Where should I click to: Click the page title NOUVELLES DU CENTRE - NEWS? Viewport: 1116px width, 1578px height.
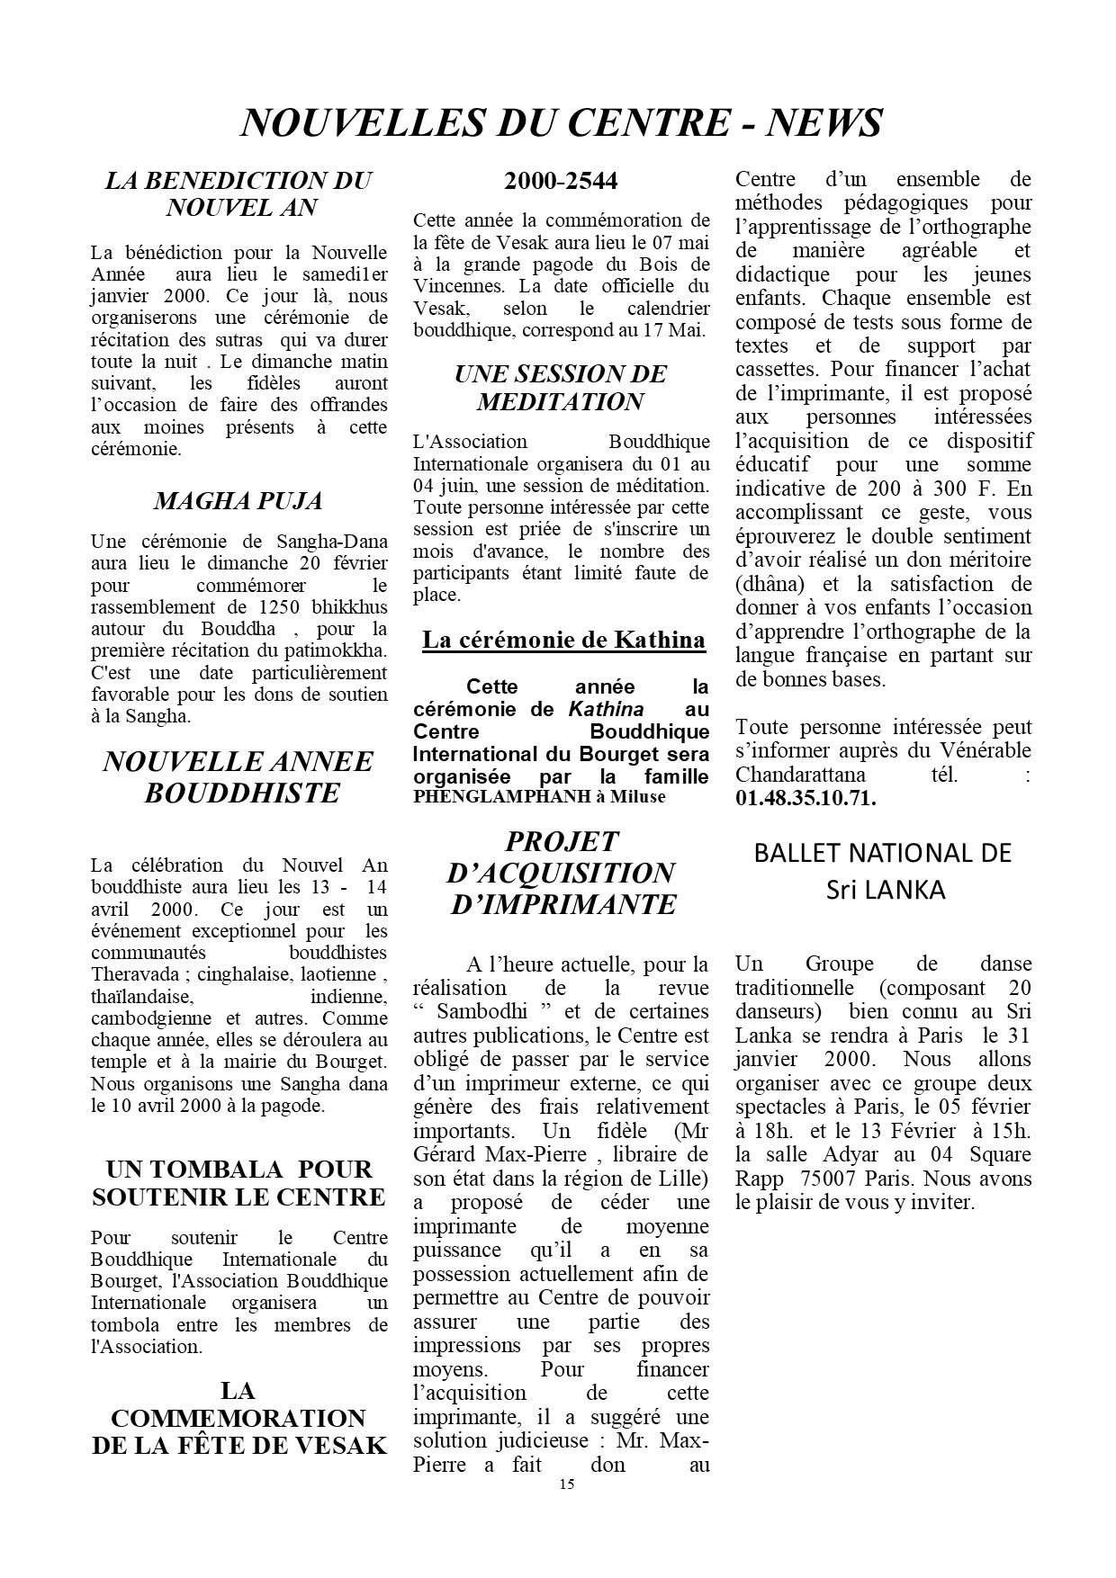click(562, 122)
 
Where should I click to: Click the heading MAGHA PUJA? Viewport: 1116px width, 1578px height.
click(238, 501)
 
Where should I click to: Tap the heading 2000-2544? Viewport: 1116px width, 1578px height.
click(561, 181)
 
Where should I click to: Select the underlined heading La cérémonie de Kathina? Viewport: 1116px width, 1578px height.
click(563, 640)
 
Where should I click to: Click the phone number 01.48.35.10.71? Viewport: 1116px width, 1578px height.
click(805, 798)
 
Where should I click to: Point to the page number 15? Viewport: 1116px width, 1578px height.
click(565, 1484)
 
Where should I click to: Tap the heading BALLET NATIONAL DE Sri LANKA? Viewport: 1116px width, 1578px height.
click(883, 870)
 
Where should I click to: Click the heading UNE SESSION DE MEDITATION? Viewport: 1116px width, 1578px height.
click(561, 387)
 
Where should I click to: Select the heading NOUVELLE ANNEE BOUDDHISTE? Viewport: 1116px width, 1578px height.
click(238, 776)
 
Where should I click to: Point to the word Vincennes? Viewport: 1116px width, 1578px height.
click(456, 286)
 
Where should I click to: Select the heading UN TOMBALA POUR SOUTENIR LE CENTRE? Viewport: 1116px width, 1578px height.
click(238, 1183)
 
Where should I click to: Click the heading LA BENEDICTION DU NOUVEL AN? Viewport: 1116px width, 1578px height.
click(238, 193)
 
